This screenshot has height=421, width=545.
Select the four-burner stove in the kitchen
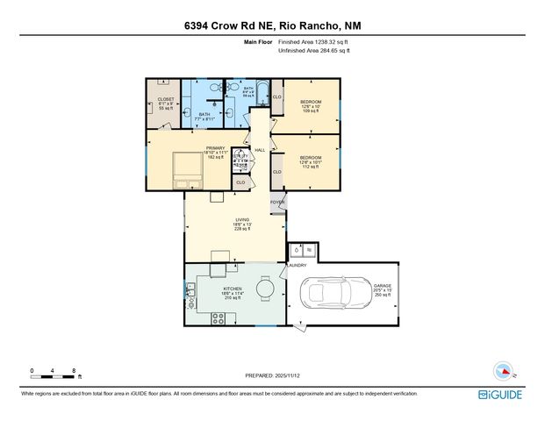coord(219,318)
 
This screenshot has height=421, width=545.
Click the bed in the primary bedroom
coord(188,169)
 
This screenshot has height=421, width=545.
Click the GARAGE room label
coord(382,290)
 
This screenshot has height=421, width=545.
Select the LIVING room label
coord(242,224)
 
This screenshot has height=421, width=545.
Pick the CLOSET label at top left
coord(166,103)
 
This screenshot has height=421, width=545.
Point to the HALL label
coord(260,150)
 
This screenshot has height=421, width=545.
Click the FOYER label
coord(277,202)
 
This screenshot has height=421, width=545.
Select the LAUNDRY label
coord(297,264)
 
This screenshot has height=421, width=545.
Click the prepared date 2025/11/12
coord(272,375)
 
